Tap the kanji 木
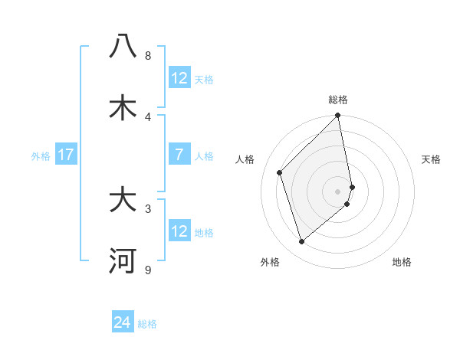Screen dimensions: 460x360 [123, 107]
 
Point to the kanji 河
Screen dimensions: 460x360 [123, 260]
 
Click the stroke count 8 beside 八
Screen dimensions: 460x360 [148, 56]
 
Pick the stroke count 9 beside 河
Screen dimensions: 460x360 [148, 270]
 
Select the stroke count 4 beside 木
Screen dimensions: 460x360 [148, 116]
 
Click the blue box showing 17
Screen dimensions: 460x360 [66, 155]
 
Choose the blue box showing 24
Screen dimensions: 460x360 [123, 322]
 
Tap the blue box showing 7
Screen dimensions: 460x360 [179, 155]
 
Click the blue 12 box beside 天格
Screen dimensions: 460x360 [179, 78]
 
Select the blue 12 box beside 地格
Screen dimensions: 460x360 [179, 231]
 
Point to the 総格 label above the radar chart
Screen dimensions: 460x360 [338, 100]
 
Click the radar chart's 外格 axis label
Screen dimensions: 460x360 [270, 262]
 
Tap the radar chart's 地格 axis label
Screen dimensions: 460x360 [402, 262]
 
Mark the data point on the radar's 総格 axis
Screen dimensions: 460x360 [338, 116]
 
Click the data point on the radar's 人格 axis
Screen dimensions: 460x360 [280, 172]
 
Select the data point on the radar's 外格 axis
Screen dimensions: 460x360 [302, 242]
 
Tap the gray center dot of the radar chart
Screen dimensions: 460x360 [338, 191]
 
